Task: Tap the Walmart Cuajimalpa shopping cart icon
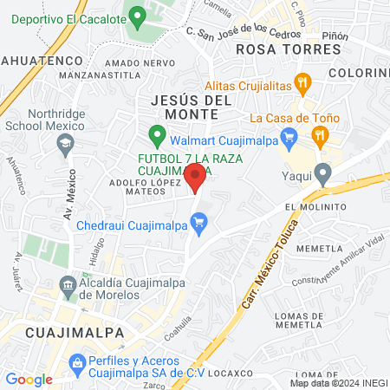[x=291, y=135]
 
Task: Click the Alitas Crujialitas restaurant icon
[x=302, y=85]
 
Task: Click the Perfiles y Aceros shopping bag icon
[x=76, y=361]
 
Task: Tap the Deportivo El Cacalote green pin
[x=136, y=16]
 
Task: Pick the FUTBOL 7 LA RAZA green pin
[x=157, y=135]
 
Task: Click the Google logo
[x=29, y=379]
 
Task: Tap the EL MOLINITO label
[x=320, y=207]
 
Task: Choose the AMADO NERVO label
[x=134, y=64]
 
